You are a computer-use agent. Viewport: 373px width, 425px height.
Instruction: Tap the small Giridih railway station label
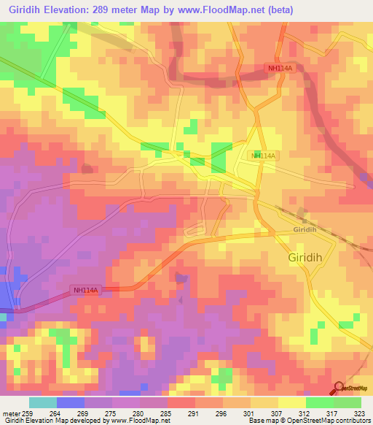(304, 229)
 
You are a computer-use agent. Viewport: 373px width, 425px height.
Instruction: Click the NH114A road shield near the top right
(278, 68)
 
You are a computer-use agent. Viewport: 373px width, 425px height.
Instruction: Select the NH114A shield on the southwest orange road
(86, 290)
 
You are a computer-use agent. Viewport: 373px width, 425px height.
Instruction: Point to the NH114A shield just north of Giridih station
(263, 156)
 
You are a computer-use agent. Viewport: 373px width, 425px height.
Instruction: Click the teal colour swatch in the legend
(43, 402)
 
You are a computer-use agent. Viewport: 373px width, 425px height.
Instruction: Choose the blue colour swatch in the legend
(71, 402)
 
